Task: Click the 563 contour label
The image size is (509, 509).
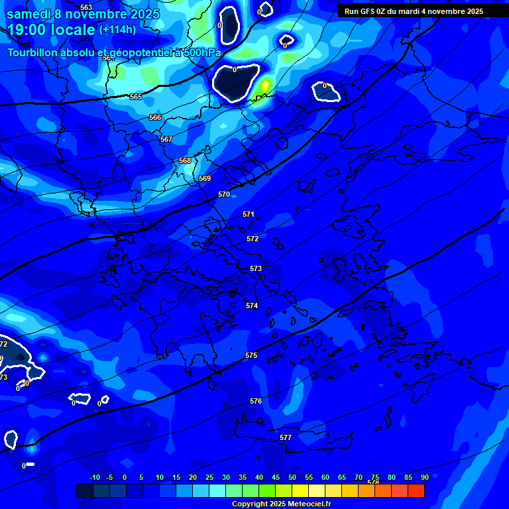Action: coord(86,7)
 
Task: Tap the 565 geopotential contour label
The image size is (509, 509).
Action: coord(136,97)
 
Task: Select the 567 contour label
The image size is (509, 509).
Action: coord(166,139)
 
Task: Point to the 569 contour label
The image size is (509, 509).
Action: coord(205,178)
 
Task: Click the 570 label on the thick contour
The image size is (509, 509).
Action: coord(224,194)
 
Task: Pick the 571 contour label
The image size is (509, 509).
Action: coord(249,214)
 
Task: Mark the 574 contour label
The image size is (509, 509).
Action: coord(252,306)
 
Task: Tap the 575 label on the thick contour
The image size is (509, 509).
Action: coord(251,356)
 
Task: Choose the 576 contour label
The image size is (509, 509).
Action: coord(256,401)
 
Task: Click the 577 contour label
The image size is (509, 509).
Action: coord(286,438)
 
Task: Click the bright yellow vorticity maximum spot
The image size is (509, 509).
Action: coord(265,85)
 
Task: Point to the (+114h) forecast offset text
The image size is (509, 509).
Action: coord(118,30)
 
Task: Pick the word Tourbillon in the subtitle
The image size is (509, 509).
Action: coord(34,52)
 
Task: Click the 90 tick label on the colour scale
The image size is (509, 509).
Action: coord(424,477)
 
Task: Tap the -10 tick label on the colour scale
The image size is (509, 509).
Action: coord(95,477)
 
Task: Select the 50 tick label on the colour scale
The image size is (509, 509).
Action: coord(292,477)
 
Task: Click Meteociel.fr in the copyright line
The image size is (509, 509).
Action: coord(304,504)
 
